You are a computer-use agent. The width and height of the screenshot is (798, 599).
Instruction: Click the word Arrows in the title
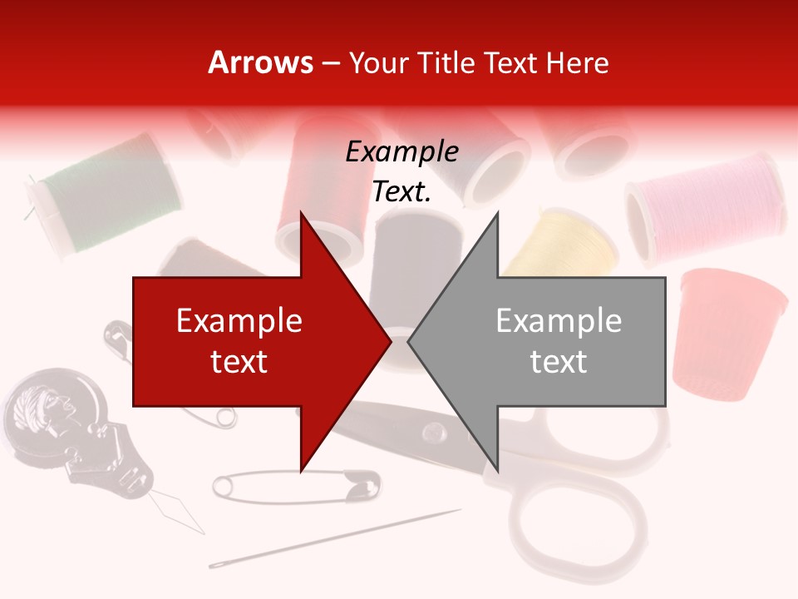point(260,63)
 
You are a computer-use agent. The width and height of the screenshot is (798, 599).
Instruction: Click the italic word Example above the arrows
point(402,152)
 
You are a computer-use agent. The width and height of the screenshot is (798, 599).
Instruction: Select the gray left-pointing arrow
point(549,341)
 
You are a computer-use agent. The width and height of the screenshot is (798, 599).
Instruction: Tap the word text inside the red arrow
point(239,362)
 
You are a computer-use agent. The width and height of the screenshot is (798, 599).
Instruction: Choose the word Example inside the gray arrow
point(559,321)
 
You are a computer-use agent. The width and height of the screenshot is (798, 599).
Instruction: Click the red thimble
point(731,333)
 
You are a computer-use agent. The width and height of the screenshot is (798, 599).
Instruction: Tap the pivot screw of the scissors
point(432,432)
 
